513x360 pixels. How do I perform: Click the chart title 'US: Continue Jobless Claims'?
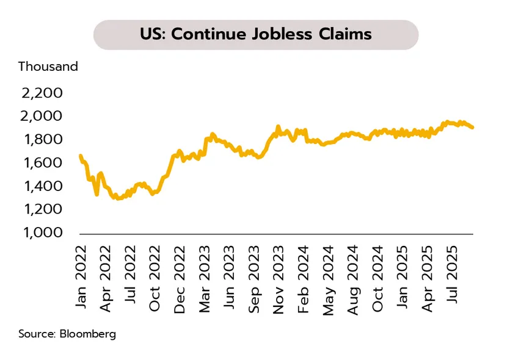tap(256, 34)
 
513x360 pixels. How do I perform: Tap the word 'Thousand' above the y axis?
tap(48, 67)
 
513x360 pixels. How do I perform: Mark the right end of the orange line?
tap(472, 127)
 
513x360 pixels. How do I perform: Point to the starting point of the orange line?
tap(81, 156)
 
